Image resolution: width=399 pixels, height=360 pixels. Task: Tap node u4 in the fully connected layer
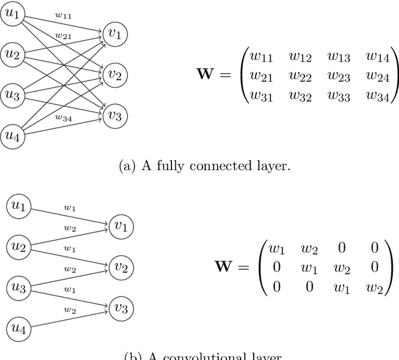click(12, 135)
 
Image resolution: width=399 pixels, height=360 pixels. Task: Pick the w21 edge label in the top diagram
click(62, 36)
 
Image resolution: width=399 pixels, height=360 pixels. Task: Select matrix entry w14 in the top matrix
click(377, 57)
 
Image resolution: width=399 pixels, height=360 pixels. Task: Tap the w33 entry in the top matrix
click(339, 97)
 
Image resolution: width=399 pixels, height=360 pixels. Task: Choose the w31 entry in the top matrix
click(261, 97)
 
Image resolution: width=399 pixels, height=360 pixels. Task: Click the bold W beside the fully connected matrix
click(210, 77)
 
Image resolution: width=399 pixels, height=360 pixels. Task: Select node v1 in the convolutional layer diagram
click(120, 227)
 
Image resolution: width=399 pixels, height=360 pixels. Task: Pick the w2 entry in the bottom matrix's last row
click(374, 287)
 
